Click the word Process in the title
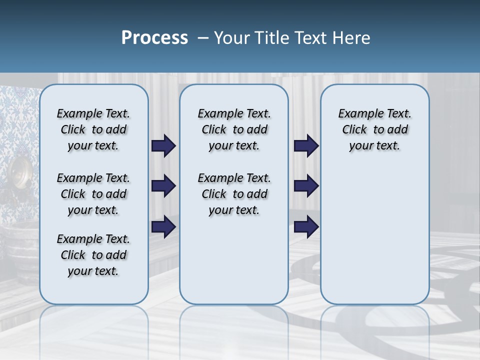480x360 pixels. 154,38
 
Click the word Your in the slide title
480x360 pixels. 232,38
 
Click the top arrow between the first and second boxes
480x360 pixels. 163,145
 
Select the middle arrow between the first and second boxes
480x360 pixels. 163,186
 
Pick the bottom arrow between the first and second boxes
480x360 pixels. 163,227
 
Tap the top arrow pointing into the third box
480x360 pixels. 306,145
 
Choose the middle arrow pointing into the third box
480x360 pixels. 306,186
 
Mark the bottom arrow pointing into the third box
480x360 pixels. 306,227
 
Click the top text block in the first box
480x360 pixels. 93,129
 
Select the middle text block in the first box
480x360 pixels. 93,194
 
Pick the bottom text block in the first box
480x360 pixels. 93,255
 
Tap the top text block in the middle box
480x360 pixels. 234,129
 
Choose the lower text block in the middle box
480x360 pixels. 234,194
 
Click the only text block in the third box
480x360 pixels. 374,129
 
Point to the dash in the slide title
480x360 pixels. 202,38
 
